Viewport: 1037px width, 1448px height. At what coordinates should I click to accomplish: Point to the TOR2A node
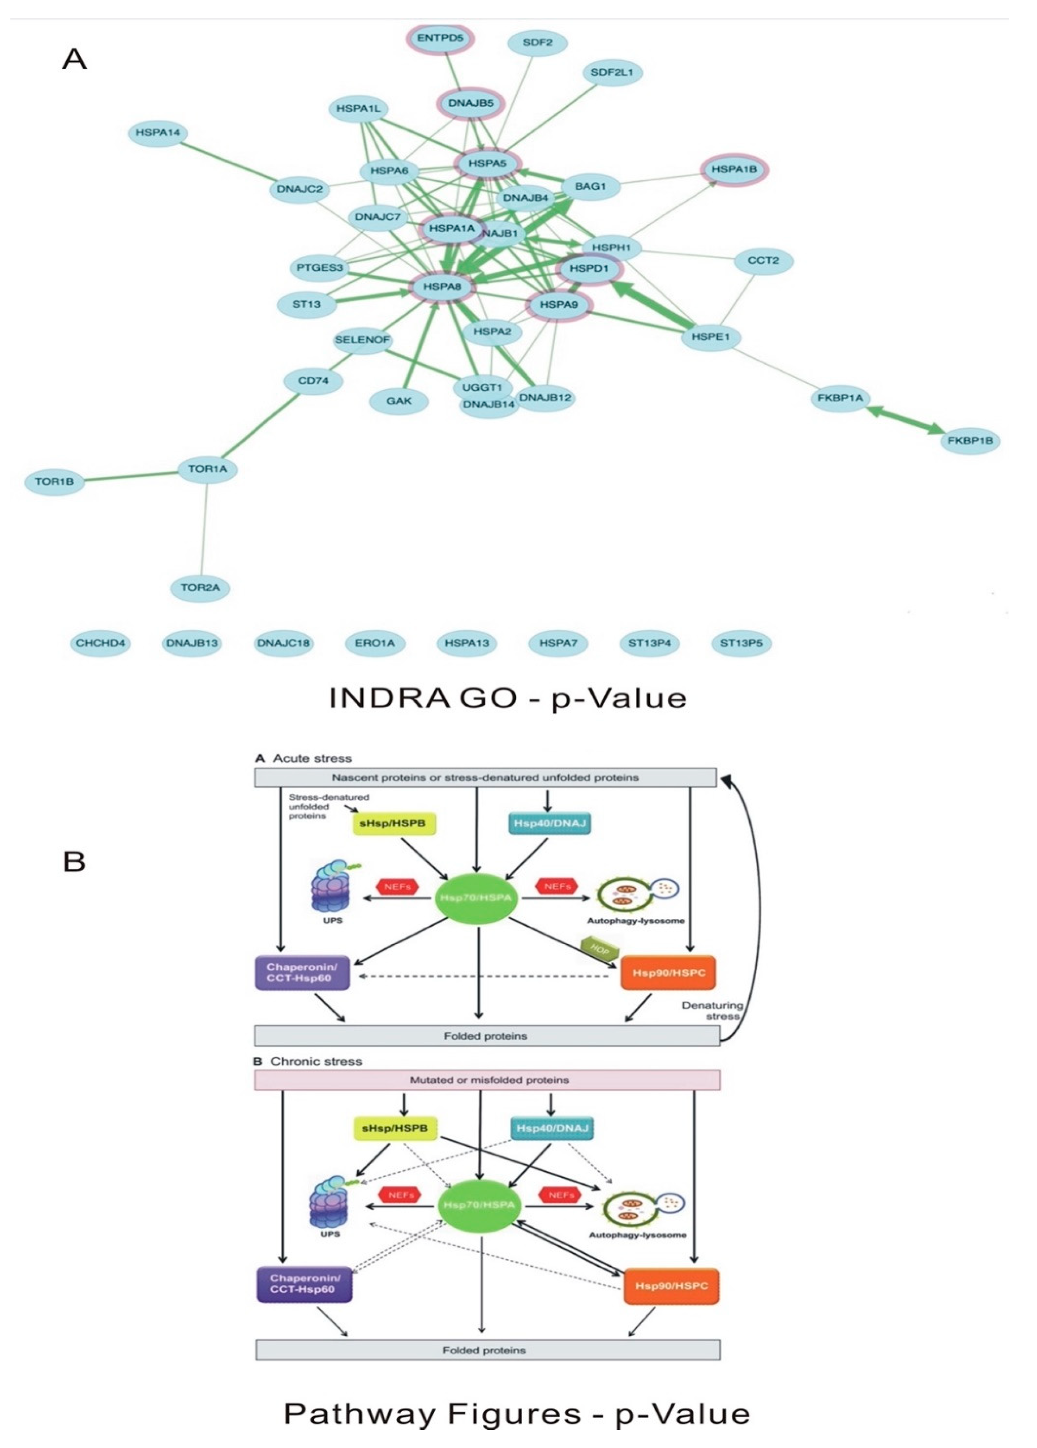[200, 588]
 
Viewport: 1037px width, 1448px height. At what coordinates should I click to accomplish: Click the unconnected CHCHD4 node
[100, 643]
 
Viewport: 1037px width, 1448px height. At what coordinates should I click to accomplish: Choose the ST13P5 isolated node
[741, 643]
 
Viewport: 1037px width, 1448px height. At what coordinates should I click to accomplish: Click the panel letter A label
[74, 59]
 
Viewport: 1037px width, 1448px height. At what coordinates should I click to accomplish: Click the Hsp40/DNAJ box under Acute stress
[548, 824]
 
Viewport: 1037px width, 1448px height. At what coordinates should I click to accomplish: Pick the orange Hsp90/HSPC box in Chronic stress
[671, 1285]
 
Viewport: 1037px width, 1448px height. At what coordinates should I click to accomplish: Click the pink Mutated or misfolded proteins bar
[488, 1080]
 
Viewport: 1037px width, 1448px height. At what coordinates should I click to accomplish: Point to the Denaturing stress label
[712, 1010]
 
